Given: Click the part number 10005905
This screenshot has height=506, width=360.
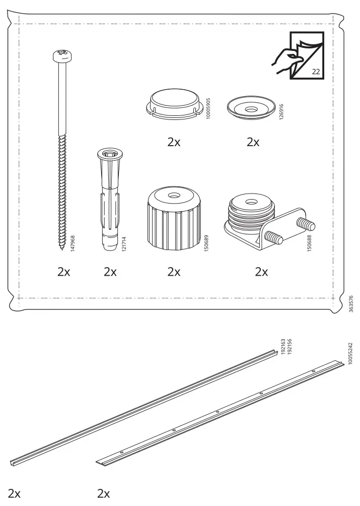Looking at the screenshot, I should pyautogui.click(x=208, y=108).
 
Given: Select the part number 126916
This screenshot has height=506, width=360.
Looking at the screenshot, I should pyautogui.click(x=281, y=111).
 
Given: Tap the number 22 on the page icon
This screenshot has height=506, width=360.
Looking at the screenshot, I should pyautogui.click(x=316, y=72).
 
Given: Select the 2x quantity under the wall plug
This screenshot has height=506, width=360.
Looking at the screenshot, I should pyautogui.click(x=110, y=273).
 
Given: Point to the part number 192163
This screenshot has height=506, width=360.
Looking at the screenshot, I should pyautogui.click(x=283, y=348).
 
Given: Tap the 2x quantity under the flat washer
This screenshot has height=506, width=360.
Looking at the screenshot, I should pyautogui.click(x=253, y=143).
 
